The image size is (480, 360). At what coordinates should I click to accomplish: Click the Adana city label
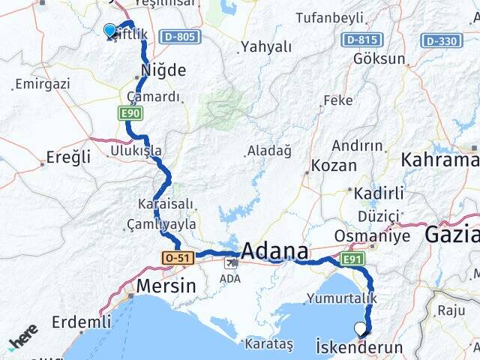(275, 250)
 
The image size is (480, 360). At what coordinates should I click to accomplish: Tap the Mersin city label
(166, 286)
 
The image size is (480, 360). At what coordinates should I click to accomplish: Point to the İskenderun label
(359, 348)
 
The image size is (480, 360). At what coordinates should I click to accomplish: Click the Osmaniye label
(382, 236)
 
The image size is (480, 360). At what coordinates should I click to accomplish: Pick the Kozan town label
(333, 164)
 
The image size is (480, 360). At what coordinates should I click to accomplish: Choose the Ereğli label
(68, 157)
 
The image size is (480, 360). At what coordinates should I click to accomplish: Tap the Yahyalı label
(265, 47)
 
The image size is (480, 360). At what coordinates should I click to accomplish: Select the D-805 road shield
(180, 36)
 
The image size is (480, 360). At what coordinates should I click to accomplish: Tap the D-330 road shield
(442, 40)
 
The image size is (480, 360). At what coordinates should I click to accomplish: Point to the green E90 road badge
(130, 113)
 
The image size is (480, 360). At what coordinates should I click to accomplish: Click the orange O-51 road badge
(177, 258)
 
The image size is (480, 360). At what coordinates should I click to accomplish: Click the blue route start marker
(110, 30)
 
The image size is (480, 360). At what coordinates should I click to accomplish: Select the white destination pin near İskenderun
(361, 328)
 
